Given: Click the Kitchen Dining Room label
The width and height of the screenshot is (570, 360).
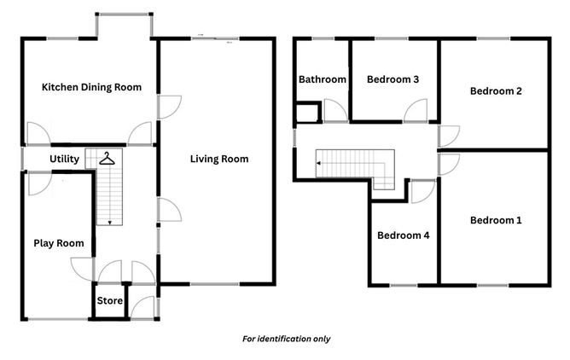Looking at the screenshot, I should pos(91,87).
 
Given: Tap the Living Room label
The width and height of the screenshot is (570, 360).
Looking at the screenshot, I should pos(219,159).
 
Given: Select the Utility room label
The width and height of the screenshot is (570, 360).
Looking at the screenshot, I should pos(65,160).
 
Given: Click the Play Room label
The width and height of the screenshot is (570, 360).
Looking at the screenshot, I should pos(59,243).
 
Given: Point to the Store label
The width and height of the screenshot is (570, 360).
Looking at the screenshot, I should pos(109,301).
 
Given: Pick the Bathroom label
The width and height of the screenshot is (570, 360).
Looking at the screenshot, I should pos(322,79).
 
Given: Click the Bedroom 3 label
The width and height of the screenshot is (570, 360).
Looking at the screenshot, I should pos(393,79).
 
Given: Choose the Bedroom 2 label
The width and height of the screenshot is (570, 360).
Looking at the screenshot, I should pos(495,91).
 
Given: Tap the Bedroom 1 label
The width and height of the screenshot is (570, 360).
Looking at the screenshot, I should pos(495,220).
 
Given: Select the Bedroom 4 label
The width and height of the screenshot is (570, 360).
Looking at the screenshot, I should pos(403,235).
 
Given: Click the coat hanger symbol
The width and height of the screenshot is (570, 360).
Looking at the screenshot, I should pos(106,158).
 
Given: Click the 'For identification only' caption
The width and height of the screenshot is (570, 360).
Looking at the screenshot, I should pos(285,339).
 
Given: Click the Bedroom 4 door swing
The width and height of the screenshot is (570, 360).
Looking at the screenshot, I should pos(420,191).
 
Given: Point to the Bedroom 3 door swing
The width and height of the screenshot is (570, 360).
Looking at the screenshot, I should pos(416,111).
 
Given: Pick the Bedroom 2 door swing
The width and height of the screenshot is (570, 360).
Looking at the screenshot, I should pos(449,136).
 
